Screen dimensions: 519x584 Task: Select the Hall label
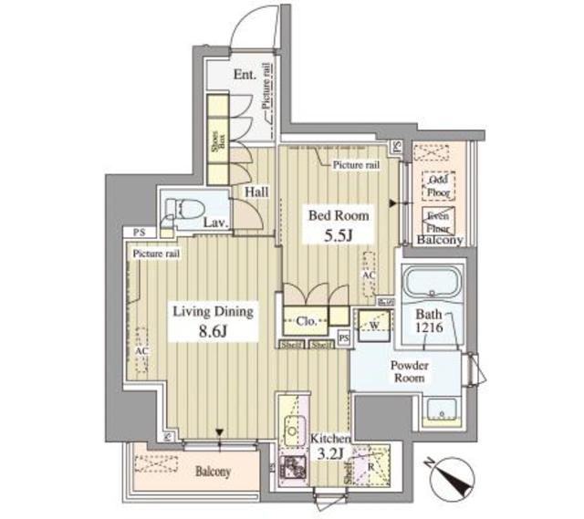pyautogui.click(x=256, y=193)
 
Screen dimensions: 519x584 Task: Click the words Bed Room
pyautogui.click(x=339, y=216)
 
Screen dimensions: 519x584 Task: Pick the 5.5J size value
pyautogui.click(x=338, y=235)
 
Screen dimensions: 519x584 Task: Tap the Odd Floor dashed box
pyautogui.click(x=440, y=187)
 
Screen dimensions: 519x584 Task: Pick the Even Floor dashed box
pyautogui.click(x=440, y=221)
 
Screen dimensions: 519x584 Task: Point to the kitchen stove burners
pyautogui.click(x=294, y=467)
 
